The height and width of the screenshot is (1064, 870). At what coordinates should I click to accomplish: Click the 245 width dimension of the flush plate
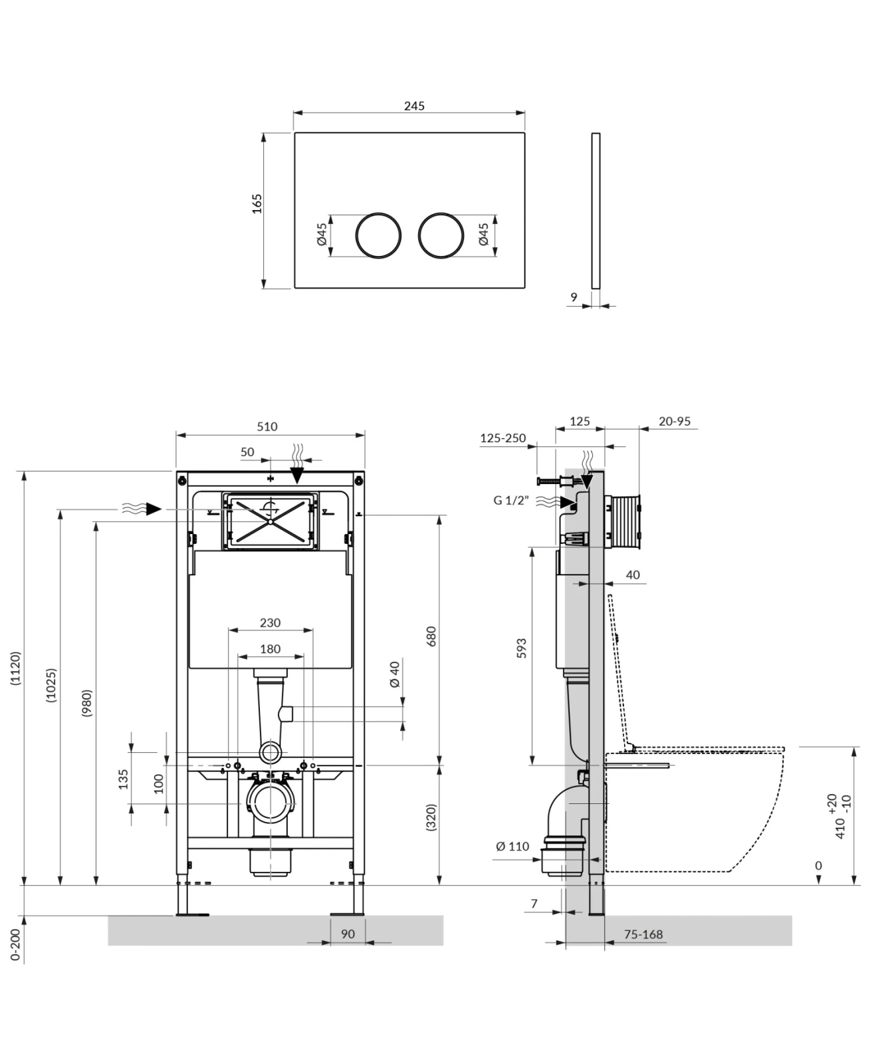pyautogui.click(x=413, y=106)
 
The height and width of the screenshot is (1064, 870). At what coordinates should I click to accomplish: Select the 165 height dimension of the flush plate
pyautogui.click(x=257, y=203)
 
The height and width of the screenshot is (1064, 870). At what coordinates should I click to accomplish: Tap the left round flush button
pyautogui.click(x=378, y=235)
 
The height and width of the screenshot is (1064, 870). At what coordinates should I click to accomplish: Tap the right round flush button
pyautogui.click(x=441, y=235)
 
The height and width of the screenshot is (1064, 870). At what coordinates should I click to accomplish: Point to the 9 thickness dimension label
pyautogui.click(x=574, y=297)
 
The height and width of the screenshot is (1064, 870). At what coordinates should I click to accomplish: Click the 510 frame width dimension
pyautogui.click(x=267, y=427)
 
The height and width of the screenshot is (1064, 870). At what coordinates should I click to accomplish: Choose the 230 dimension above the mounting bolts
pyautogui.click(x=270, y=623)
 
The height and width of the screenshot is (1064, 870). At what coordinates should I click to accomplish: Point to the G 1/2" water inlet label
pyautogui.click(x=511, y=500)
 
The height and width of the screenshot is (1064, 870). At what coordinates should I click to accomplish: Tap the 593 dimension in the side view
pyautogui.click(x=522, y=649)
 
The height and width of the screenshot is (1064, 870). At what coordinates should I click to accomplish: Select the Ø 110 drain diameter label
pyautogui.click(x=512, y=847)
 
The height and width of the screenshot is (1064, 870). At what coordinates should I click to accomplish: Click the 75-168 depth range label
pyautogui.click(x=643, y=934)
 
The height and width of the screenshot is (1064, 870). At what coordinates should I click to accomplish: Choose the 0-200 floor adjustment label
pyautogui.click(x=16, y=945)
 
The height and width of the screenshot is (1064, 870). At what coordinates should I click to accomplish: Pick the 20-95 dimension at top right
pyautogui.click(x=675, y=421)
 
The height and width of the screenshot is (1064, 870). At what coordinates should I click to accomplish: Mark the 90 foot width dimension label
pyautogui.click(x=348, y=934)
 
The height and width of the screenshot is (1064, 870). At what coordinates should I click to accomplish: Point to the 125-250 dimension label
pyautogui.click(x=502, y=438)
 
